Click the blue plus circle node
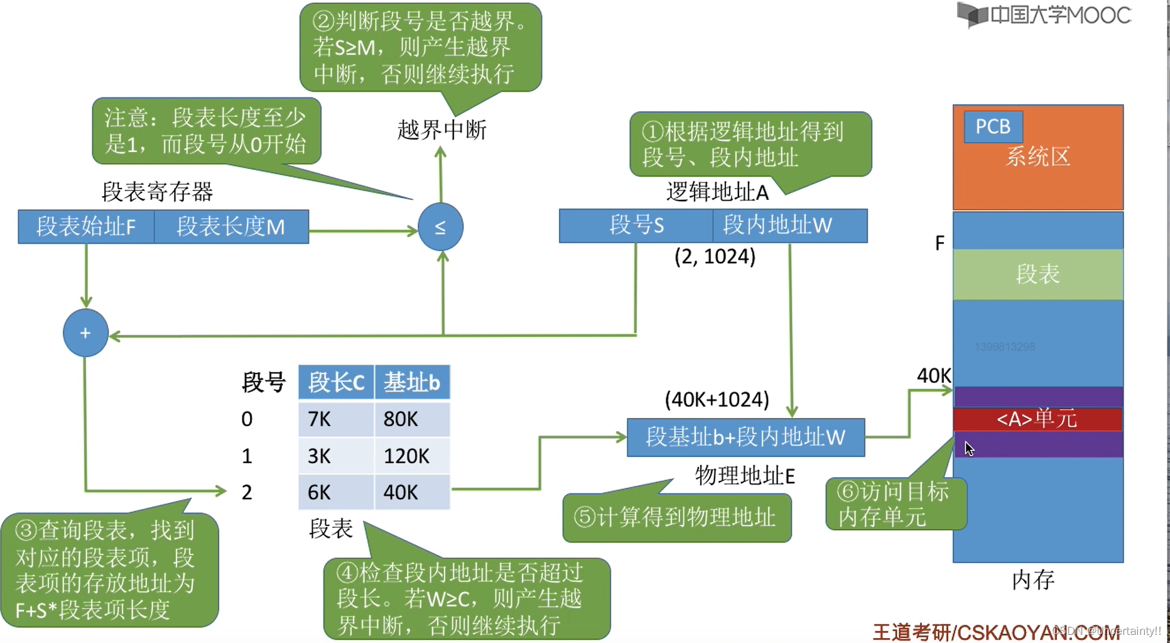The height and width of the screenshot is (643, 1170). pos(85,333)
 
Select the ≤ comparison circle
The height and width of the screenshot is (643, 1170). pos(440,227)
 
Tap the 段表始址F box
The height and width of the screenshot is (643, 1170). pos(86,226)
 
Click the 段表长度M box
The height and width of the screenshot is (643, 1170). pos(231,226)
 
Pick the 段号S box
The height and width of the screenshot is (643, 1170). pos(636,225)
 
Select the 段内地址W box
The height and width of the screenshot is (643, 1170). pos(789,225)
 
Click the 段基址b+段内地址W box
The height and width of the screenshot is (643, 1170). pos(745,437)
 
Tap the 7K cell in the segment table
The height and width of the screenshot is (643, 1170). pos(335,419)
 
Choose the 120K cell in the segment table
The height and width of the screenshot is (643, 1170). pos(411,456)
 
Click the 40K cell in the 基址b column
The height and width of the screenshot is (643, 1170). pos(411,492)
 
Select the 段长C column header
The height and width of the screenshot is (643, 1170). pos(336,382)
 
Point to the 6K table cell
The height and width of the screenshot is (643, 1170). pos(335,492)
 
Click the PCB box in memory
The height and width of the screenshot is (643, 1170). pos(993,126)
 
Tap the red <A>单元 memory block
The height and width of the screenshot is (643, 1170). pos(1037,419)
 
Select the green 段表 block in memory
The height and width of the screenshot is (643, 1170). pos(1037,274)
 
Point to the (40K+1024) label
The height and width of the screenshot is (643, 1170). pos(717,399)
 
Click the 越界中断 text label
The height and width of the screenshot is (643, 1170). pos(441,130)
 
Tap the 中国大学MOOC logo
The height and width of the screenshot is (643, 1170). pos(1044,15)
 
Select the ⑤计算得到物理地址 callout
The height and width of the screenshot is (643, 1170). pos(676,517)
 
